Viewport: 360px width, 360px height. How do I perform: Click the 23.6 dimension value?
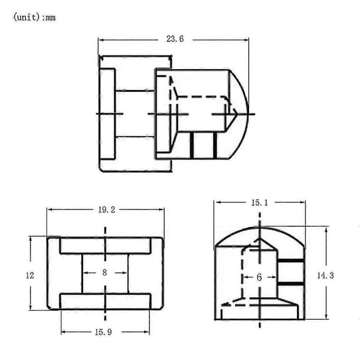pos(175,39)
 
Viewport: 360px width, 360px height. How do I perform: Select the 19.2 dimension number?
pos(107,209)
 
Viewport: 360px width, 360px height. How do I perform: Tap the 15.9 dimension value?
pos(103,332)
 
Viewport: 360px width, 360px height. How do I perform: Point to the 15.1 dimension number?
pos(259,203)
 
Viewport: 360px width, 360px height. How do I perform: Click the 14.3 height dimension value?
pos(325,275)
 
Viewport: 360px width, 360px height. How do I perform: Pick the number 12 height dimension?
pos(30,275)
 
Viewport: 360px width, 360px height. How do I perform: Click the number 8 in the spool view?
pos(104,272)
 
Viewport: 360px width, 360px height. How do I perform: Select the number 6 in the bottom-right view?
pos(259,277)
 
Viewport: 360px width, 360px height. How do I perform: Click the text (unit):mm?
pos(34,17)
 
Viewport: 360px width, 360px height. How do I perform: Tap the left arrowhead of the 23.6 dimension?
pos(101,40)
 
